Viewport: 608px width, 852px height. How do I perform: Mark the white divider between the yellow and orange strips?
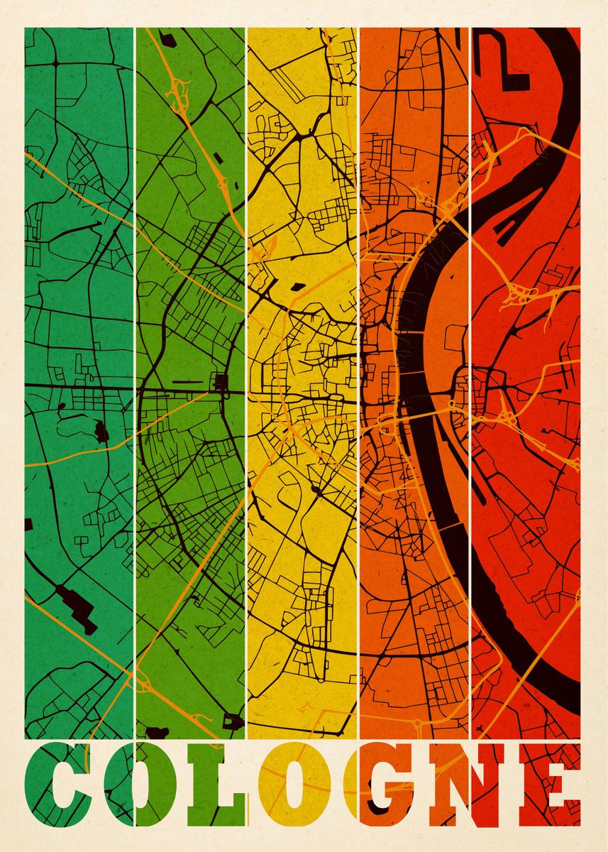click(x=358, y=355)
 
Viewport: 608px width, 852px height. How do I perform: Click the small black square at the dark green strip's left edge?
click(x=28, y=525)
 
